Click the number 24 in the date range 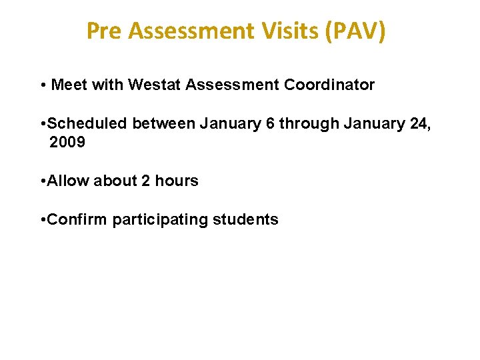tap(421, 124)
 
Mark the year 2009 tap(67, 142)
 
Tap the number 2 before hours tap(145, 181)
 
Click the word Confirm tap(78, 219)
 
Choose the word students tap(245, 219)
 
